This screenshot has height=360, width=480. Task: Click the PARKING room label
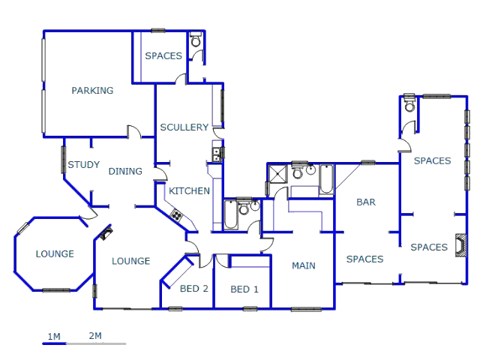coord(92,90)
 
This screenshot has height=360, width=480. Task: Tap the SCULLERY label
coord(184,127)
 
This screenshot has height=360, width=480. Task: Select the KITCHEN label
coord(189,191)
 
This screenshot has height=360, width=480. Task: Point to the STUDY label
coord(83,165)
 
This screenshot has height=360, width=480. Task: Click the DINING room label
coord(125,171)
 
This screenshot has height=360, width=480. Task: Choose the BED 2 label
coord(193,288)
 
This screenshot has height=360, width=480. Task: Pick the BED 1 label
coord(244,289)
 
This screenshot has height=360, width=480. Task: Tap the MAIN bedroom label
coord(303,265)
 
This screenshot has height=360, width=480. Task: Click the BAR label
coord(366,202)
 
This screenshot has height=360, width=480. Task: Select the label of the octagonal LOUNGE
coord(55,253)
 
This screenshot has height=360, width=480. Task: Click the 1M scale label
coord(54,337)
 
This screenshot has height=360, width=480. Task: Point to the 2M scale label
coord(95,336)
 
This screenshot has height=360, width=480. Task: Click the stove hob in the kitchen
coord(176,215)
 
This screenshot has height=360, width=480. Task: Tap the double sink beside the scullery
coord(217,154)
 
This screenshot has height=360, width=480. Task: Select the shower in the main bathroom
coord(277,174)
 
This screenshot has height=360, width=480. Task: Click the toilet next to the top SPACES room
coord(196,39)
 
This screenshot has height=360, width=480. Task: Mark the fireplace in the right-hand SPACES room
coord(461,245)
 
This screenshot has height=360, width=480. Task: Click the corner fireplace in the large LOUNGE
coord(106,233)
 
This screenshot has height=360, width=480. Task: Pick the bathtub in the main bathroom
coord(326,180)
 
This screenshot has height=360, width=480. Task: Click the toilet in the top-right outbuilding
coord(409,103)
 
